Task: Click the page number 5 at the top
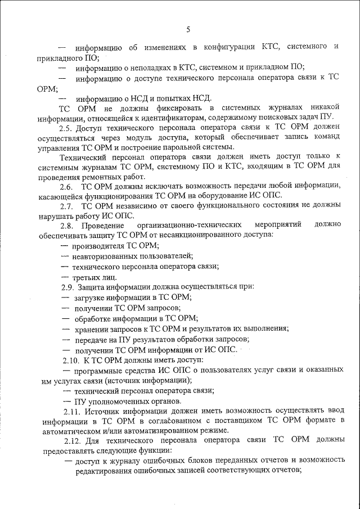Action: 188,30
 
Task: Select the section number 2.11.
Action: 73,411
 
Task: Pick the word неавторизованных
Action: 107,256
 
